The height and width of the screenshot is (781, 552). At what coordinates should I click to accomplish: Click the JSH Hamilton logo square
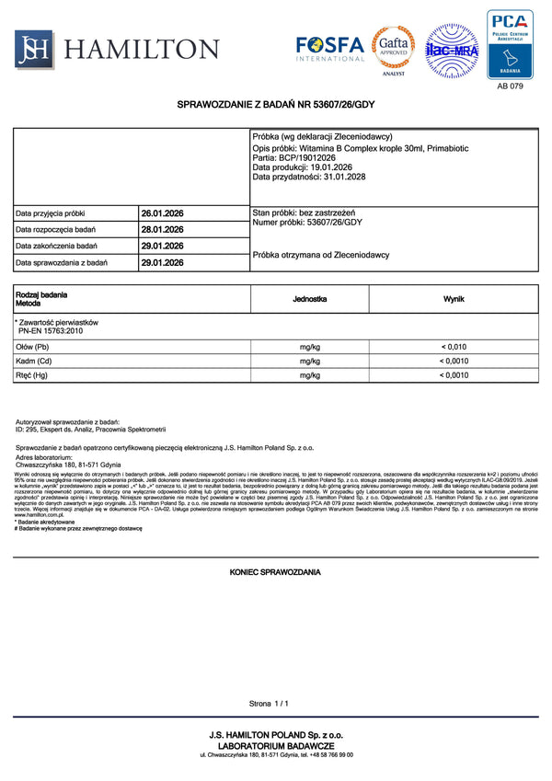tap(32, 48)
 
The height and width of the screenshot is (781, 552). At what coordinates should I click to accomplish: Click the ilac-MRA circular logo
tap(451, 50)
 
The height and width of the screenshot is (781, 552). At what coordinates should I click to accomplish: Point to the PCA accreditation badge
tap(510, 44)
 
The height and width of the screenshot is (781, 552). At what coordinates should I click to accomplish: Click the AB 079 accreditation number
tap(510, 86)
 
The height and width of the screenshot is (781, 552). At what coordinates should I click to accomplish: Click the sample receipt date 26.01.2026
tap(162, 213)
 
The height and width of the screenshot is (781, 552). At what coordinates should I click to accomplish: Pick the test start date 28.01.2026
tap(162, 230)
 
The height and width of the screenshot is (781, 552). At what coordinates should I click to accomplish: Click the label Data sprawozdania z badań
tap(62, 263)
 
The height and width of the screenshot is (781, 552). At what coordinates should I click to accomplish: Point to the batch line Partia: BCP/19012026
tap(293, 157)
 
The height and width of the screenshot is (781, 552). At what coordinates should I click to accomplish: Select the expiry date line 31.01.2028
tap(308, 177)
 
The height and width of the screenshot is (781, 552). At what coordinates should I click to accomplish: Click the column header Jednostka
tap(309, 300)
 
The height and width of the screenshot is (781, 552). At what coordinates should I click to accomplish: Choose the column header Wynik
tap(454, 300)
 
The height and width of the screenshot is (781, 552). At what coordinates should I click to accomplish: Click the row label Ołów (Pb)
tap(33, 347)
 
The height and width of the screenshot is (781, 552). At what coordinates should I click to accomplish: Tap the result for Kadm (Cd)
tap(454, 362)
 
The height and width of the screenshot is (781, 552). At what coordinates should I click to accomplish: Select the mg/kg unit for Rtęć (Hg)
tap(309, 375)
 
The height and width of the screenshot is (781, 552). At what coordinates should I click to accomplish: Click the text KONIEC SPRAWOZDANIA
tap(275, 572)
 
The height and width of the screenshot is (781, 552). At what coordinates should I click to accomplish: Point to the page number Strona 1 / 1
tap(269, 704)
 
